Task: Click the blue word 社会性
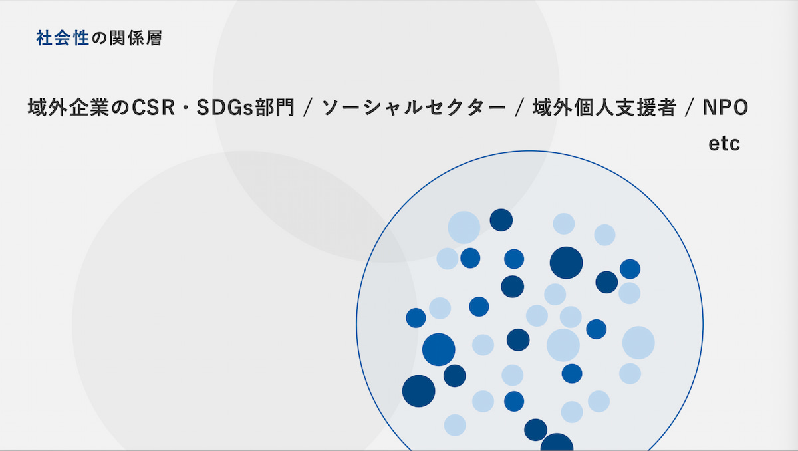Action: click(x=63, y=38)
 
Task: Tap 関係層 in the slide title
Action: click(x=136, y=38)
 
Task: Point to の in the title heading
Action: click(x=99, y=38)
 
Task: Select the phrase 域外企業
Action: click(x=68, y=108)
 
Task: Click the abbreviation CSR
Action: click(x=154, y=108)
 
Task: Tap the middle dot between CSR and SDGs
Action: click(x=186, y=108)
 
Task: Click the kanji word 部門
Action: click(x=275, y=108)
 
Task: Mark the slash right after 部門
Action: click(x=308, y=108)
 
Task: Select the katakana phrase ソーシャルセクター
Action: click(x=414, y=108)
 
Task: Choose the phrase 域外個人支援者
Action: click(x=604, y=108)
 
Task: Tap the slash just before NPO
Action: click(x=690, y=108)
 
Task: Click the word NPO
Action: click(x=726, y=108)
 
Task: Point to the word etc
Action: click(x=724, y=144)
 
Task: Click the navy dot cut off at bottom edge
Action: click(x=557, y=442)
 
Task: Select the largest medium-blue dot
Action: click(x=438, y=349)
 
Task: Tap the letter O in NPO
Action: click(x=740, y=108)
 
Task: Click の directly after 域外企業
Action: click(x=120, y=108)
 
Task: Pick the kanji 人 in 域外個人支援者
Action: click(x=604, y=108)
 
